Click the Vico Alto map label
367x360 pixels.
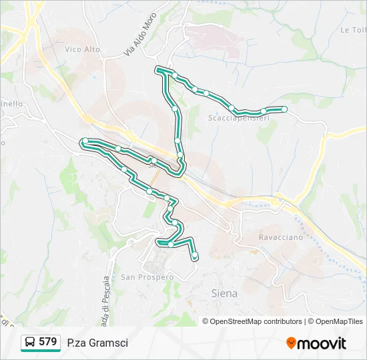83,49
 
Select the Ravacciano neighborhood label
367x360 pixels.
281,237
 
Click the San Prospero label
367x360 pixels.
147,277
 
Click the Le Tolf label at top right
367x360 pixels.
354,30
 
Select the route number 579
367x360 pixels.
47,342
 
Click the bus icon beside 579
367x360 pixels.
30,343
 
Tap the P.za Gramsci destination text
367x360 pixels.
97,343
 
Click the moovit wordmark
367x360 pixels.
322,343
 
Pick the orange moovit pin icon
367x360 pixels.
292,343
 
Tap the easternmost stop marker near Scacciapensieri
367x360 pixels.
284,109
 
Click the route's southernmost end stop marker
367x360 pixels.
195,255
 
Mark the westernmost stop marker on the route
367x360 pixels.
85,141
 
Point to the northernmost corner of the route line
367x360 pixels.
159,69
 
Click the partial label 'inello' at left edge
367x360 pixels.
13,104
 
